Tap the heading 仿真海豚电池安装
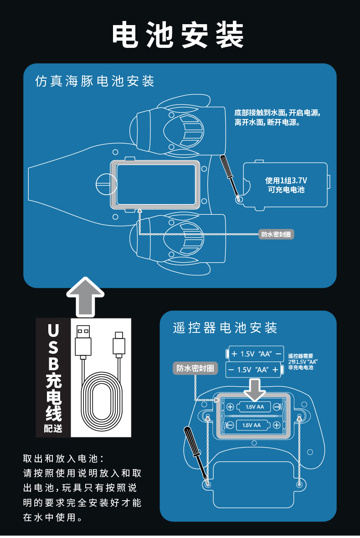95,81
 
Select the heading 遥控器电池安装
225,327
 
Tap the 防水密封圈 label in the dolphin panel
276,234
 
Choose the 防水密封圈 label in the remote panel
195,368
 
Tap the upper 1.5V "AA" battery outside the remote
255,354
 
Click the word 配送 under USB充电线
53,428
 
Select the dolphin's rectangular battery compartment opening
156,185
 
